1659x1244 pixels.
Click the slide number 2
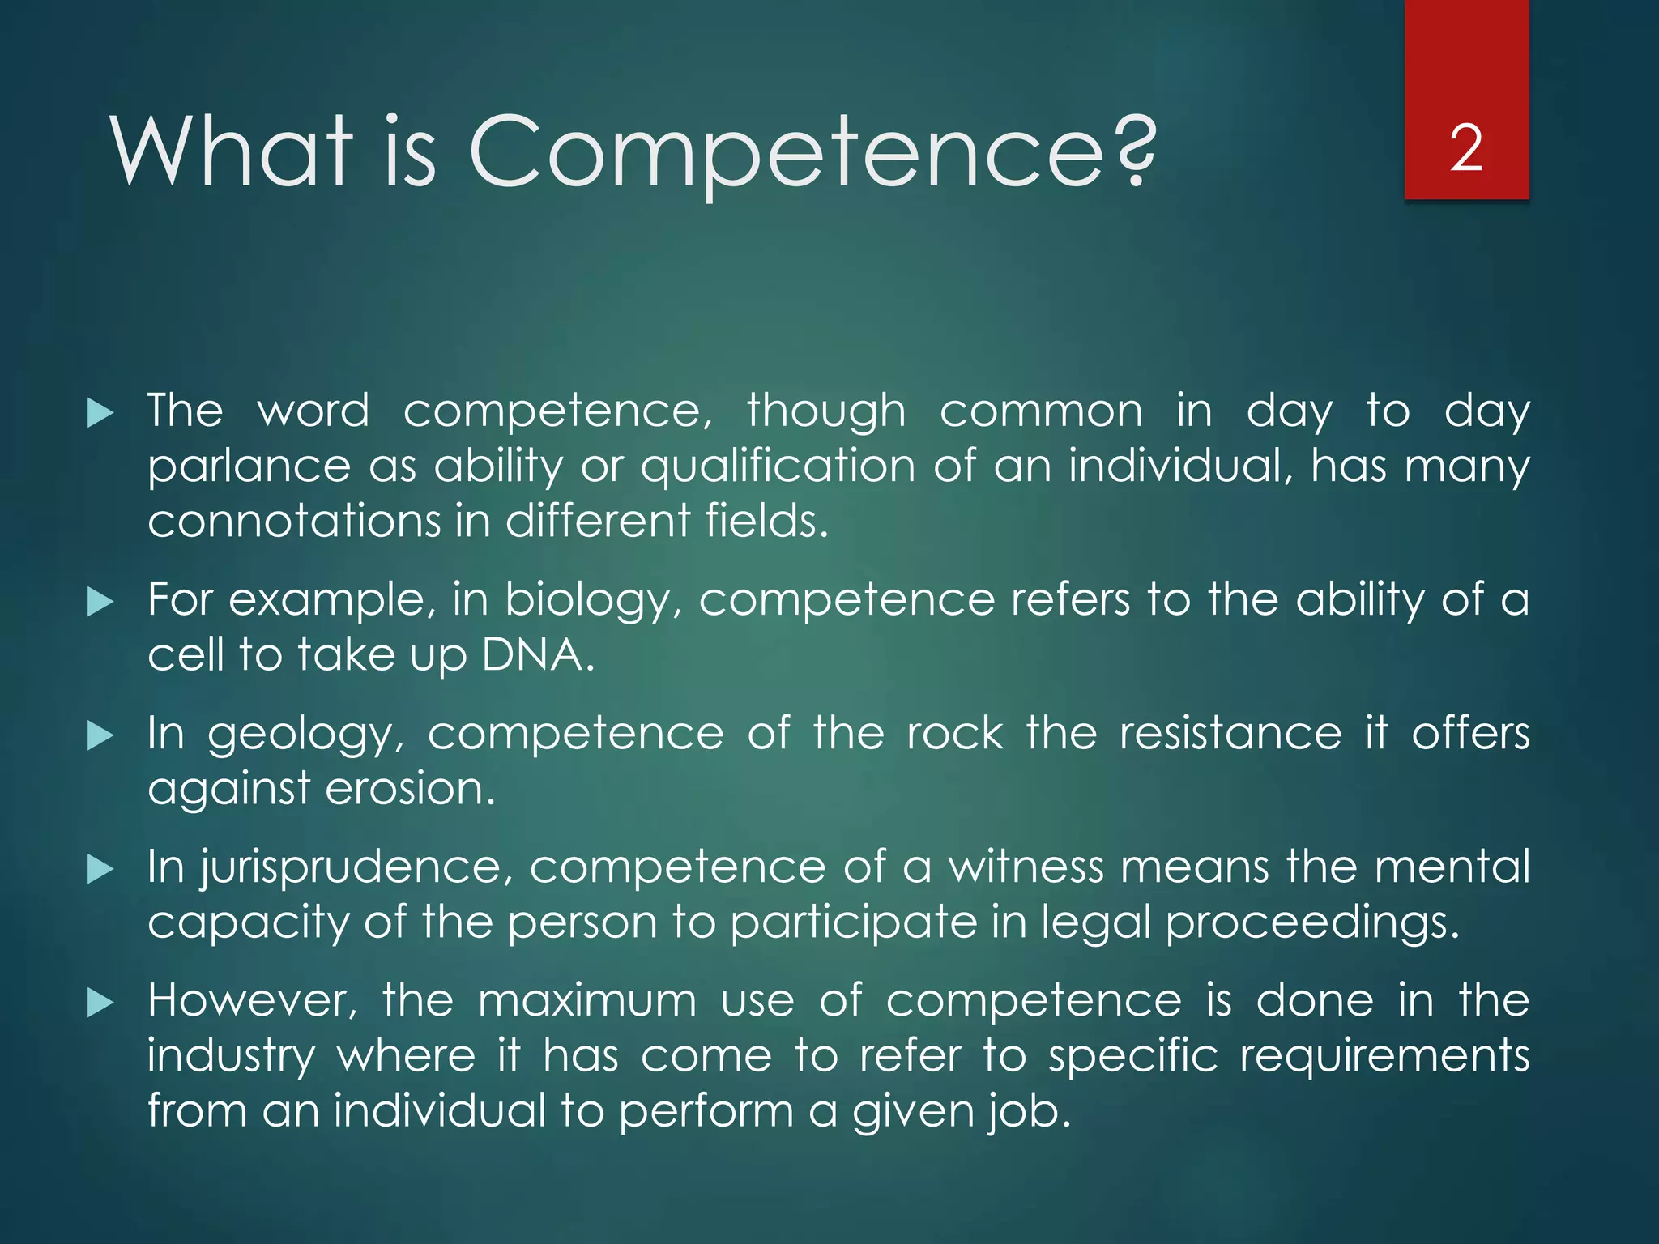1466,149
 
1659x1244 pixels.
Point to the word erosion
408,789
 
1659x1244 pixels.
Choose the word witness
1026,867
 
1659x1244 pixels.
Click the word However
251,1001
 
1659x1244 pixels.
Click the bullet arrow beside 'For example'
100,602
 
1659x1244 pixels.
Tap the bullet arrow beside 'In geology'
100,735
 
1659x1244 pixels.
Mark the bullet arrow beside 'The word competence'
100,413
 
